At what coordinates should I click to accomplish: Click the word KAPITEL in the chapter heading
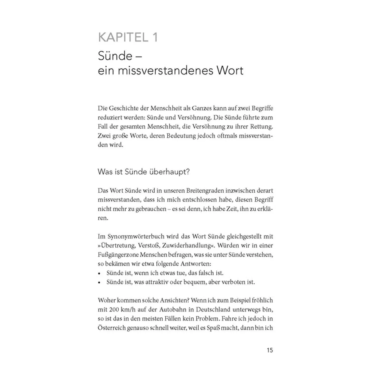coord(123,37)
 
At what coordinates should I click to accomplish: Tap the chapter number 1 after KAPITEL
coord(155,37)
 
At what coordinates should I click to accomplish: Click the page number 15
coord(270,350)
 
